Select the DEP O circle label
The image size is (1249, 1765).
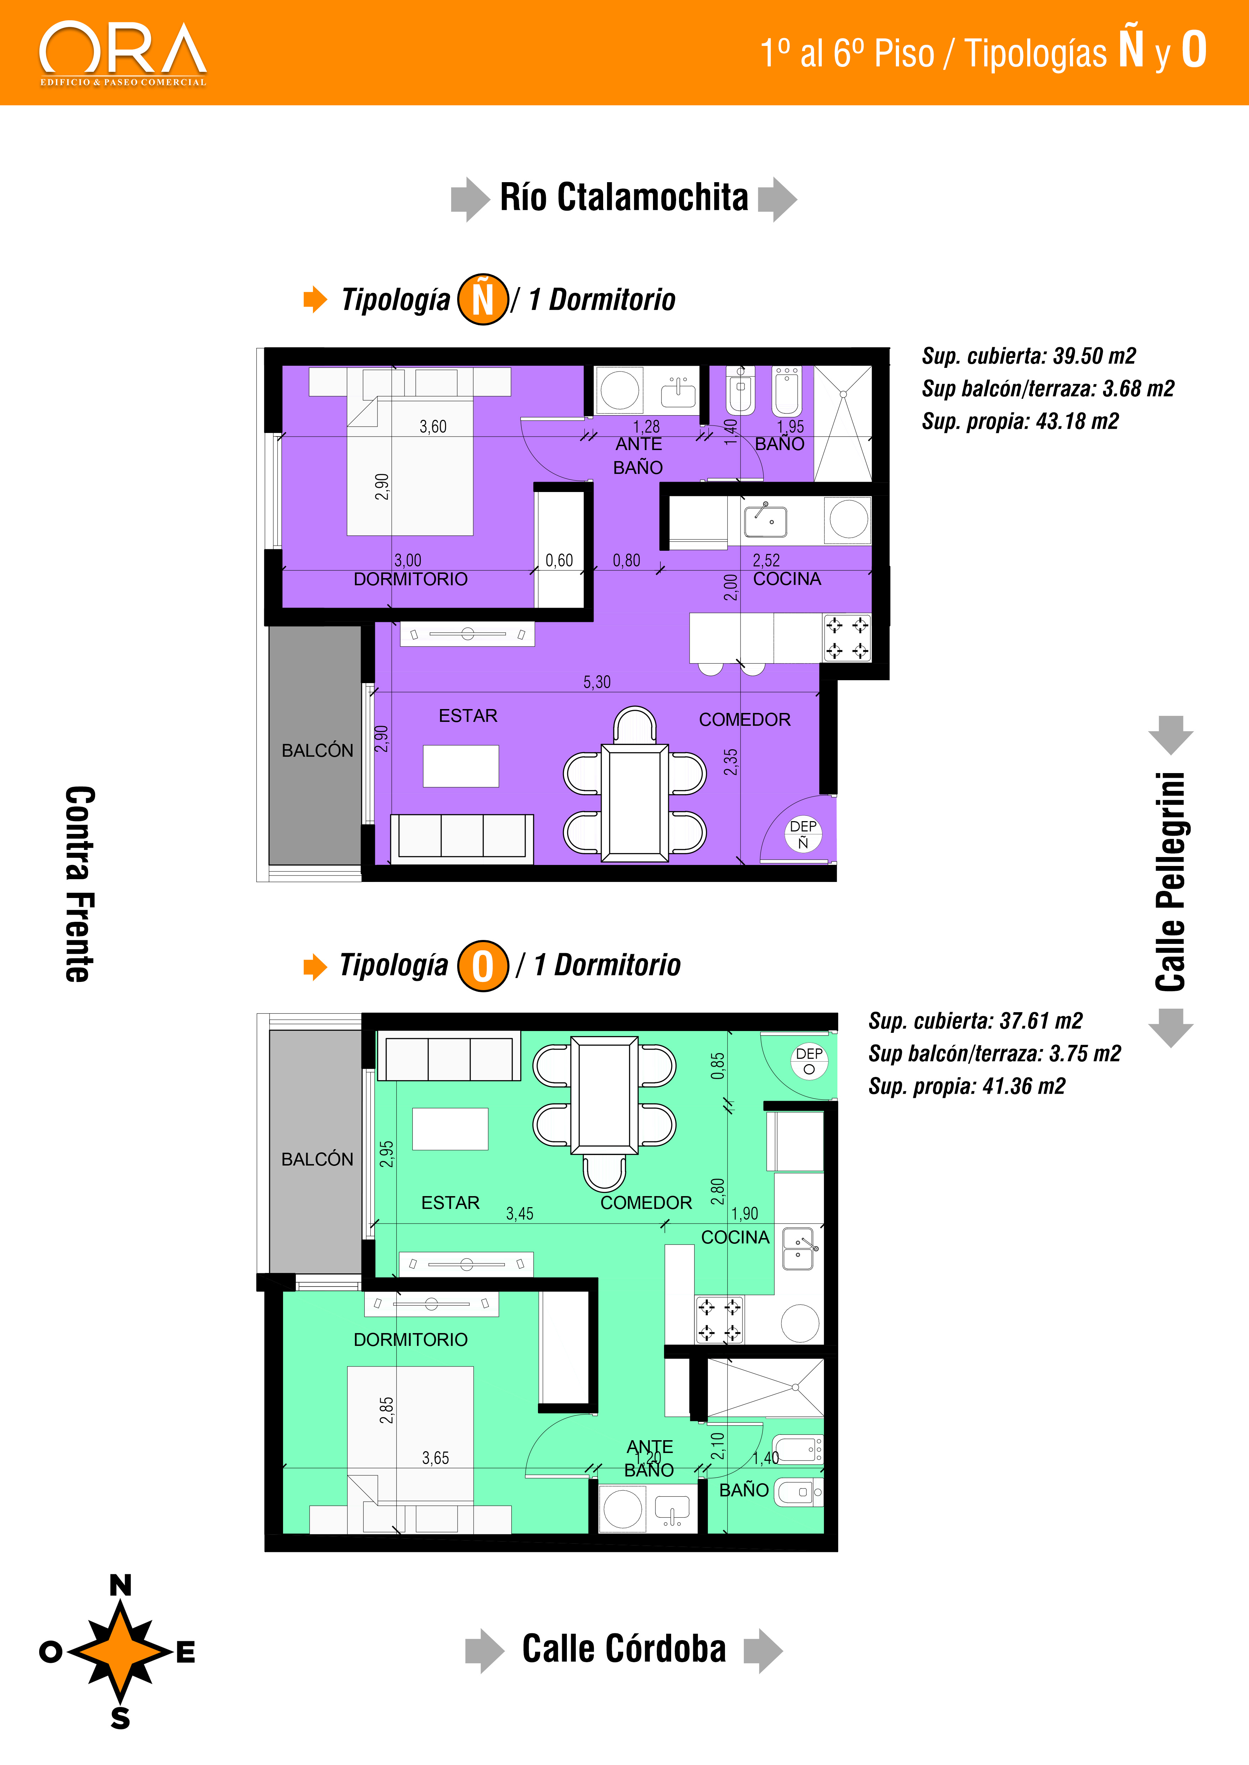coord(809,1061)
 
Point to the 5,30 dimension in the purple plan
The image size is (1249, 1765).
coord(597,682)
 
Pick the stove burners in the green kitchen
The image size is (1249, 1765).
coord(720,1319)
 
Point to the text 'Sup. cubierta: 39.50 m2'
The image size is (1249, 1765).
coord(1028,356)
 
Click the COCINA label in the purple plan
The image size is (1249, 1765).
coord(787,579)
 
